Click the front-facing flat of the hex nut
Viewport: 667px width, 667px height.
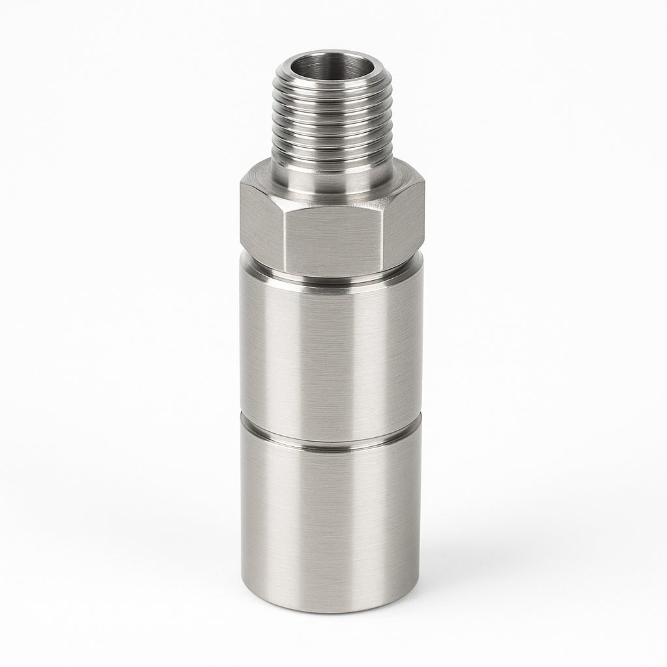(332, 238)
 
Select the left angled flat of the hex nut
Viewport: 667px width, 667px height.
(262, 218)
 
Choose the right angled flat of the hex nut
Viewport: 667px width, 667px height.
(403, 218)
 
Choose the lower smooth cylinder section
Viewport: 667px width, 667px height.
(332, 521)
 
